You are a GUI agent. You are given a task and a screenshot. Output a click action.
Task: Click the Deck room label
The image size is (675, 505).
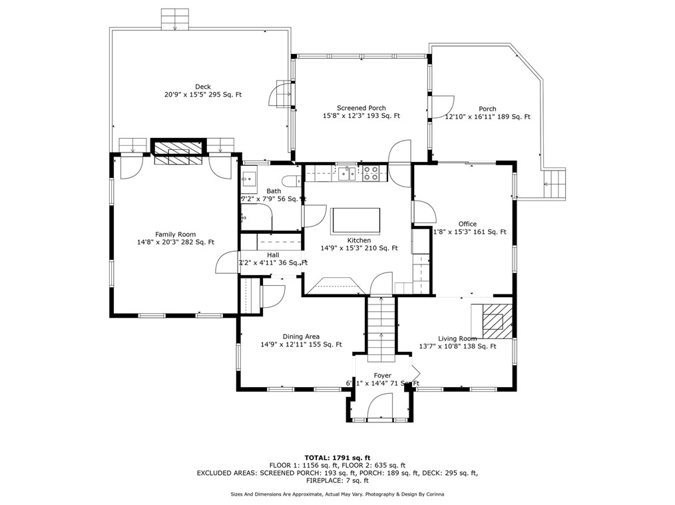point(203,87)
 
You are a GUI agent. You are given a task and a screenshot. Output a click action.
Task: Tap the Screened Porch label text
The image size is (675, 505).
point(361,108)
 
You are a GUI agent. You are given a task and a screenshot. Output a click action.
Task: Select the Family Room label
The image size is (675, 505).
point(175,234)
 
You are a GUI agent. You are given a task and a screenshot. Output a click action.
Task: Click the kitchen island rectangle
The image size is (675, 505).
point(356,219)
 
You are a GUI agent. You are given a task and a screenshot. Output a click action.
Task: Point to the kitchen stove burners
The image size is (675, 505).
point(371,174)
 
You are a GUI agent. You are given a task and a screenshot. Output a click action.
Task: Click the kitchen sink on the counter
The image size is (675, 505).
point(346,174)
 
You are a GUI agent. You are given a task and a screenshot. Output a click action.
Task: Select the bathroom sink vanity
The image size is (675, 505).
point(249,179)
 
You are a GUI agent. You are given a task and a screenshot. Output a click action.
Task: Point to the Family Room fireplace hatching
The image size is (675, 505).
point(178,152)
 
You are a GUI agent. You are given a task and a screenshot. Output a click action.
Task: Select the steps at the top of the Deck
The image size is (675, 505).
point(175,19)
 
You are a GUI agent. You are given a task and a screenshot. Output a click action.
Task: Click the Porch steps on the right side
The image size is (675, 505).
point(555,183)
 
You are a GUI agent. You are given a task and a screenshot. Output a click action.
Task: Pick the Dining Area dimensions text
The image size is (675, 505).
point(301,344)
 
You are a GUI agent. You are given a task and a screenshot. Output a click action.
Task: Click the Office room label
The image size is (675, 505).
point(467,224)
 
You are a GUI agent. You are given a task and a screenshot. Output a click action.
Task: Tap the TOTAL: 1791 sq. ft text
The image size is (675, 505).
point(337,457)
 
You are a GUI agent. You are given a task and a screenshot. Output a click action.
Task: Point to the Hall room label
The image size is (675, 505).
point(273,254)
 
